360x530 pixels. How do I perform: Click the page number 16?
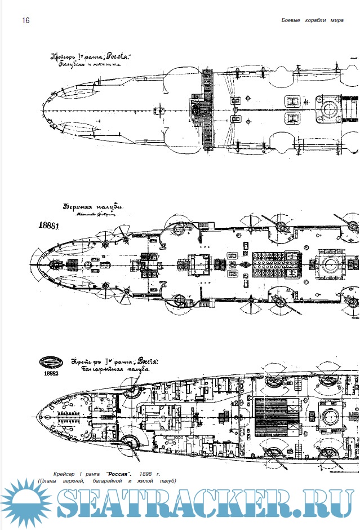(25, 21)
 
